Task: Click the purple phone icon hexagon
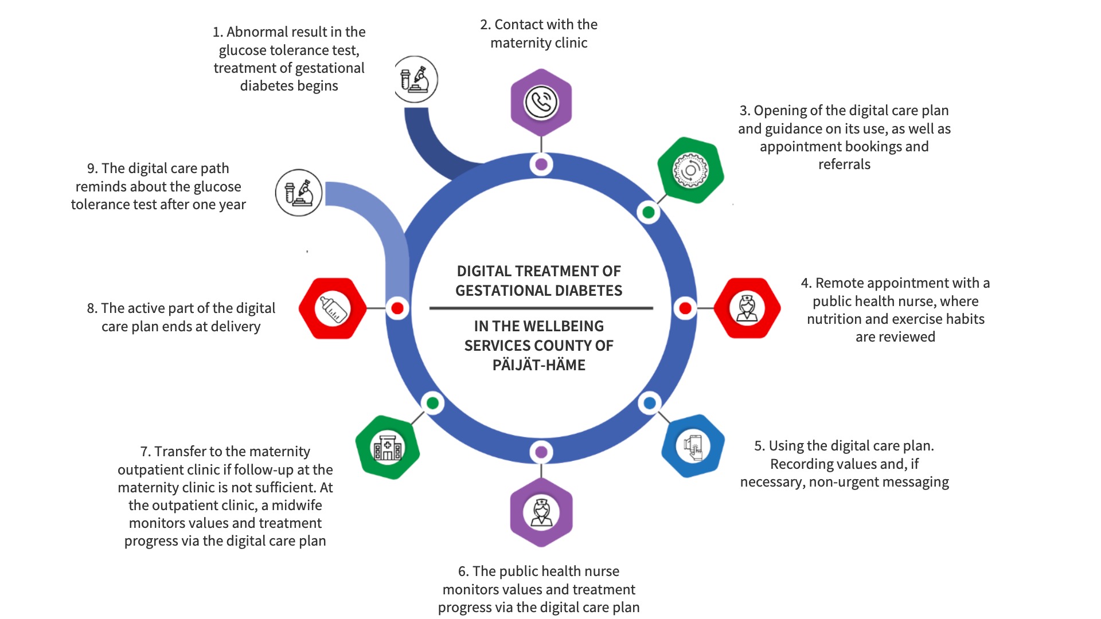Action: pyautogui.click(x=541, y=102)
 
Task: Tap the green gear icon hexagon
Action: pyautogui.click(x=690, y=170)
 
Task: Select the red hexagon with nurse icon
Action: pyautogui.click(x=747, y=308)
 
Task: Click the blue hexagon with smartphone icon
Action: pyautogui.click(x=693, y=446)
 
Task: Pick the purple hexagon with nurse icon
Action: pyautogui.click(x=541, y=512)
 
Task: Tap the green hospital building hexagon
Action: pyautogui.click(x=388, y=447)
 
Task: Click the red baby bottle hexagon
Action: pyautogui.click(x=333, y=308)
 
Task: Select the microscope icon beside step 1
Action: pyautogui.click(x=416, y=79)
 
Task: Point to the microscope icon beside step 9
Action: pyautogui.click(x=299, y=193)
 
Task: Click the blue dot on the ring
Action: pyautogui.click(x=649, y=403)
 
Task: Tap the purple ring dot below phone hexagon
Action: pyautogui.click(x=541, y=164)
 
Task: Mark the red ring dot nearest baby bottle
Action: pyautogui.click(x=397, y=308)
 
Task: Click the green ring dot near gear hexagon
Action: pyautogui.click(x=649, y=213)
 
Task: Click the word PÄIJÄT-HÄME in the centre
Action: pyautogui.click(x=538, y=365)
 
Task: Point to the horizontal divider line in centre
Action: pyautogui.click(x=541, y=308)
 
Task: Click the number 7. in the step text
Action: pyautogui.click(x=146, y=452)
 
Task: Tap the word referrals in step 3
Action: pyautogui.click(x=844, y=164)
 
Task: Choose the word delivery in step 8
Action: pyautogui.click(x=235, y=327)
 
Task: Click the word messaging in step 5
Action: pyautogui.click(x=916, y=482)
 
